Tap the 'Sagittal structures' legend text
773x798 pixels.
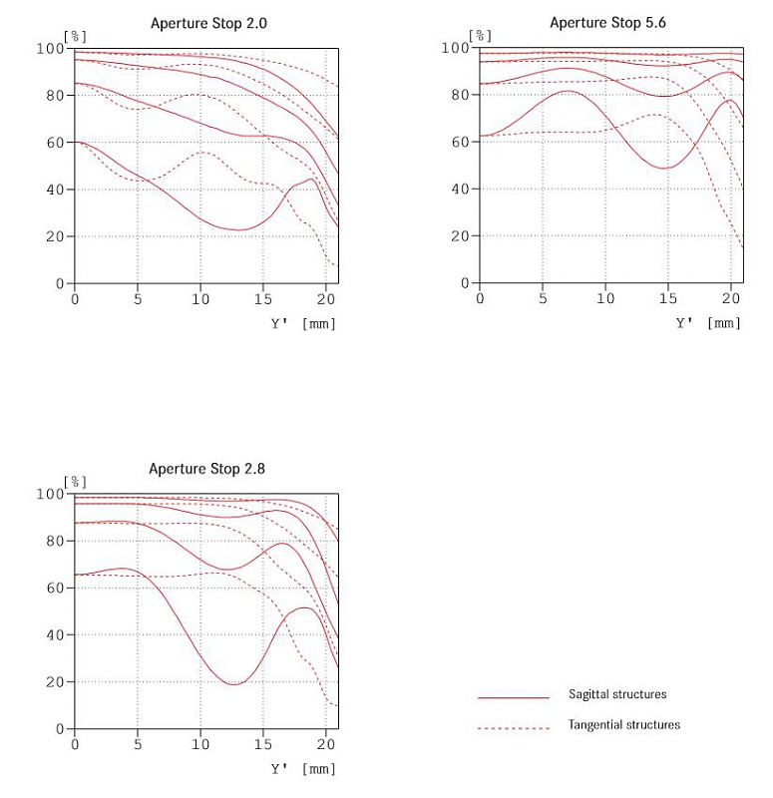pyautogui.click(x=617, y=694)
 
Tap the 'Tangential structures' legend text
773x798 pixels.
pyautogui.click(x=624, y=725)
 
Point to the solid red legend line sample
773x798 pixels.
pyautogui.click(x=514, y=696)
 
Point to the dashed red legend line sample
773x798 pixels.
pyautogui.click(x=514, y=727)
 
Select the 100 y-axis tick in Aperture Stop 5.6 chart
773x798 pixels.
pyautogui.click(x=456, y=48)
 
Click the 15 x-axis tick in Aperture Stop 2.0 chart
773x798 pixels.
pyautogui.click(x=263, y=299)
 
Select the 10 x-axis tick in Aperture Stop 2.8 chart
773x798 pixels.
pyautogui.click(x=200, y=744)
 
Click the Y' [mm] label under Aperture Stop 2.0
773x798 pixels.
pyautogui.click(x=303, y=323)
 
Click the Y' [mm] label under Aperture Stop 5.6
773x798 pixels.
pyautogui.click(x=709, y=322)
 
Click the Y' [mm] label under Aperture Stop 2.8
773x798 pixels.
pyautogui.click(x=303, y=769)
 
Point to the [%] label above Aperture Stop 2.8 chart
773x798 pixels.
pyautogui.click(x=75, y=482)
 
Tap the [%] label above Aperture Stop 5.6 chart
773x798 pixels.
pyautogui.click(x=481, y=36)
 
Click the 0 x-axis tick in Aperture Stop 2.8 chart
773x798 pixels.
pyautogui.click(x=74, y=744)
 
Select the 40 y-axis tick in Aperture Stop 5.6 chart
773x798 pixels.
pyautogui.click(x=463, y=190)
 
